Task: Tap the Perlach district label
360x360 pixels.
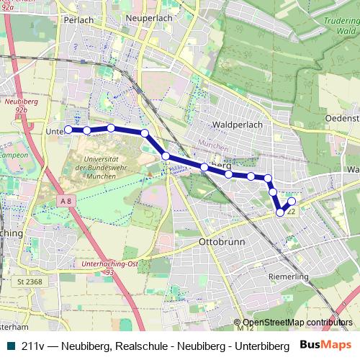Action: point(79,20)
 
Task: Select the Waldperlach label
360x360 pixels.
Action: point(237,124)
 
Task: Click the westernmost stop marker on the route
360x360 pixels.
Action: point(68,130)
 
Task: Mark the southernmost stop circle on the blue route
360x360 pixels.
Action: point(280,212)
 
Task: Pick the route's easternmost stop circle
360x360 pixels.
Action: point(292,202)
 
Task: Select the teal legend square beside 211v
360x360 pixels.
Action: point(9,345)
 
